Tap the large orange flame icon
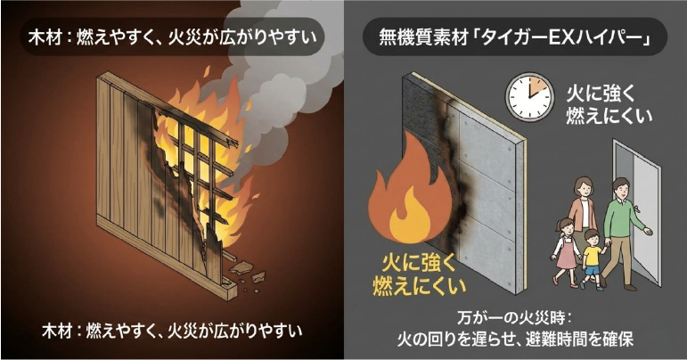point(406,191)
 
